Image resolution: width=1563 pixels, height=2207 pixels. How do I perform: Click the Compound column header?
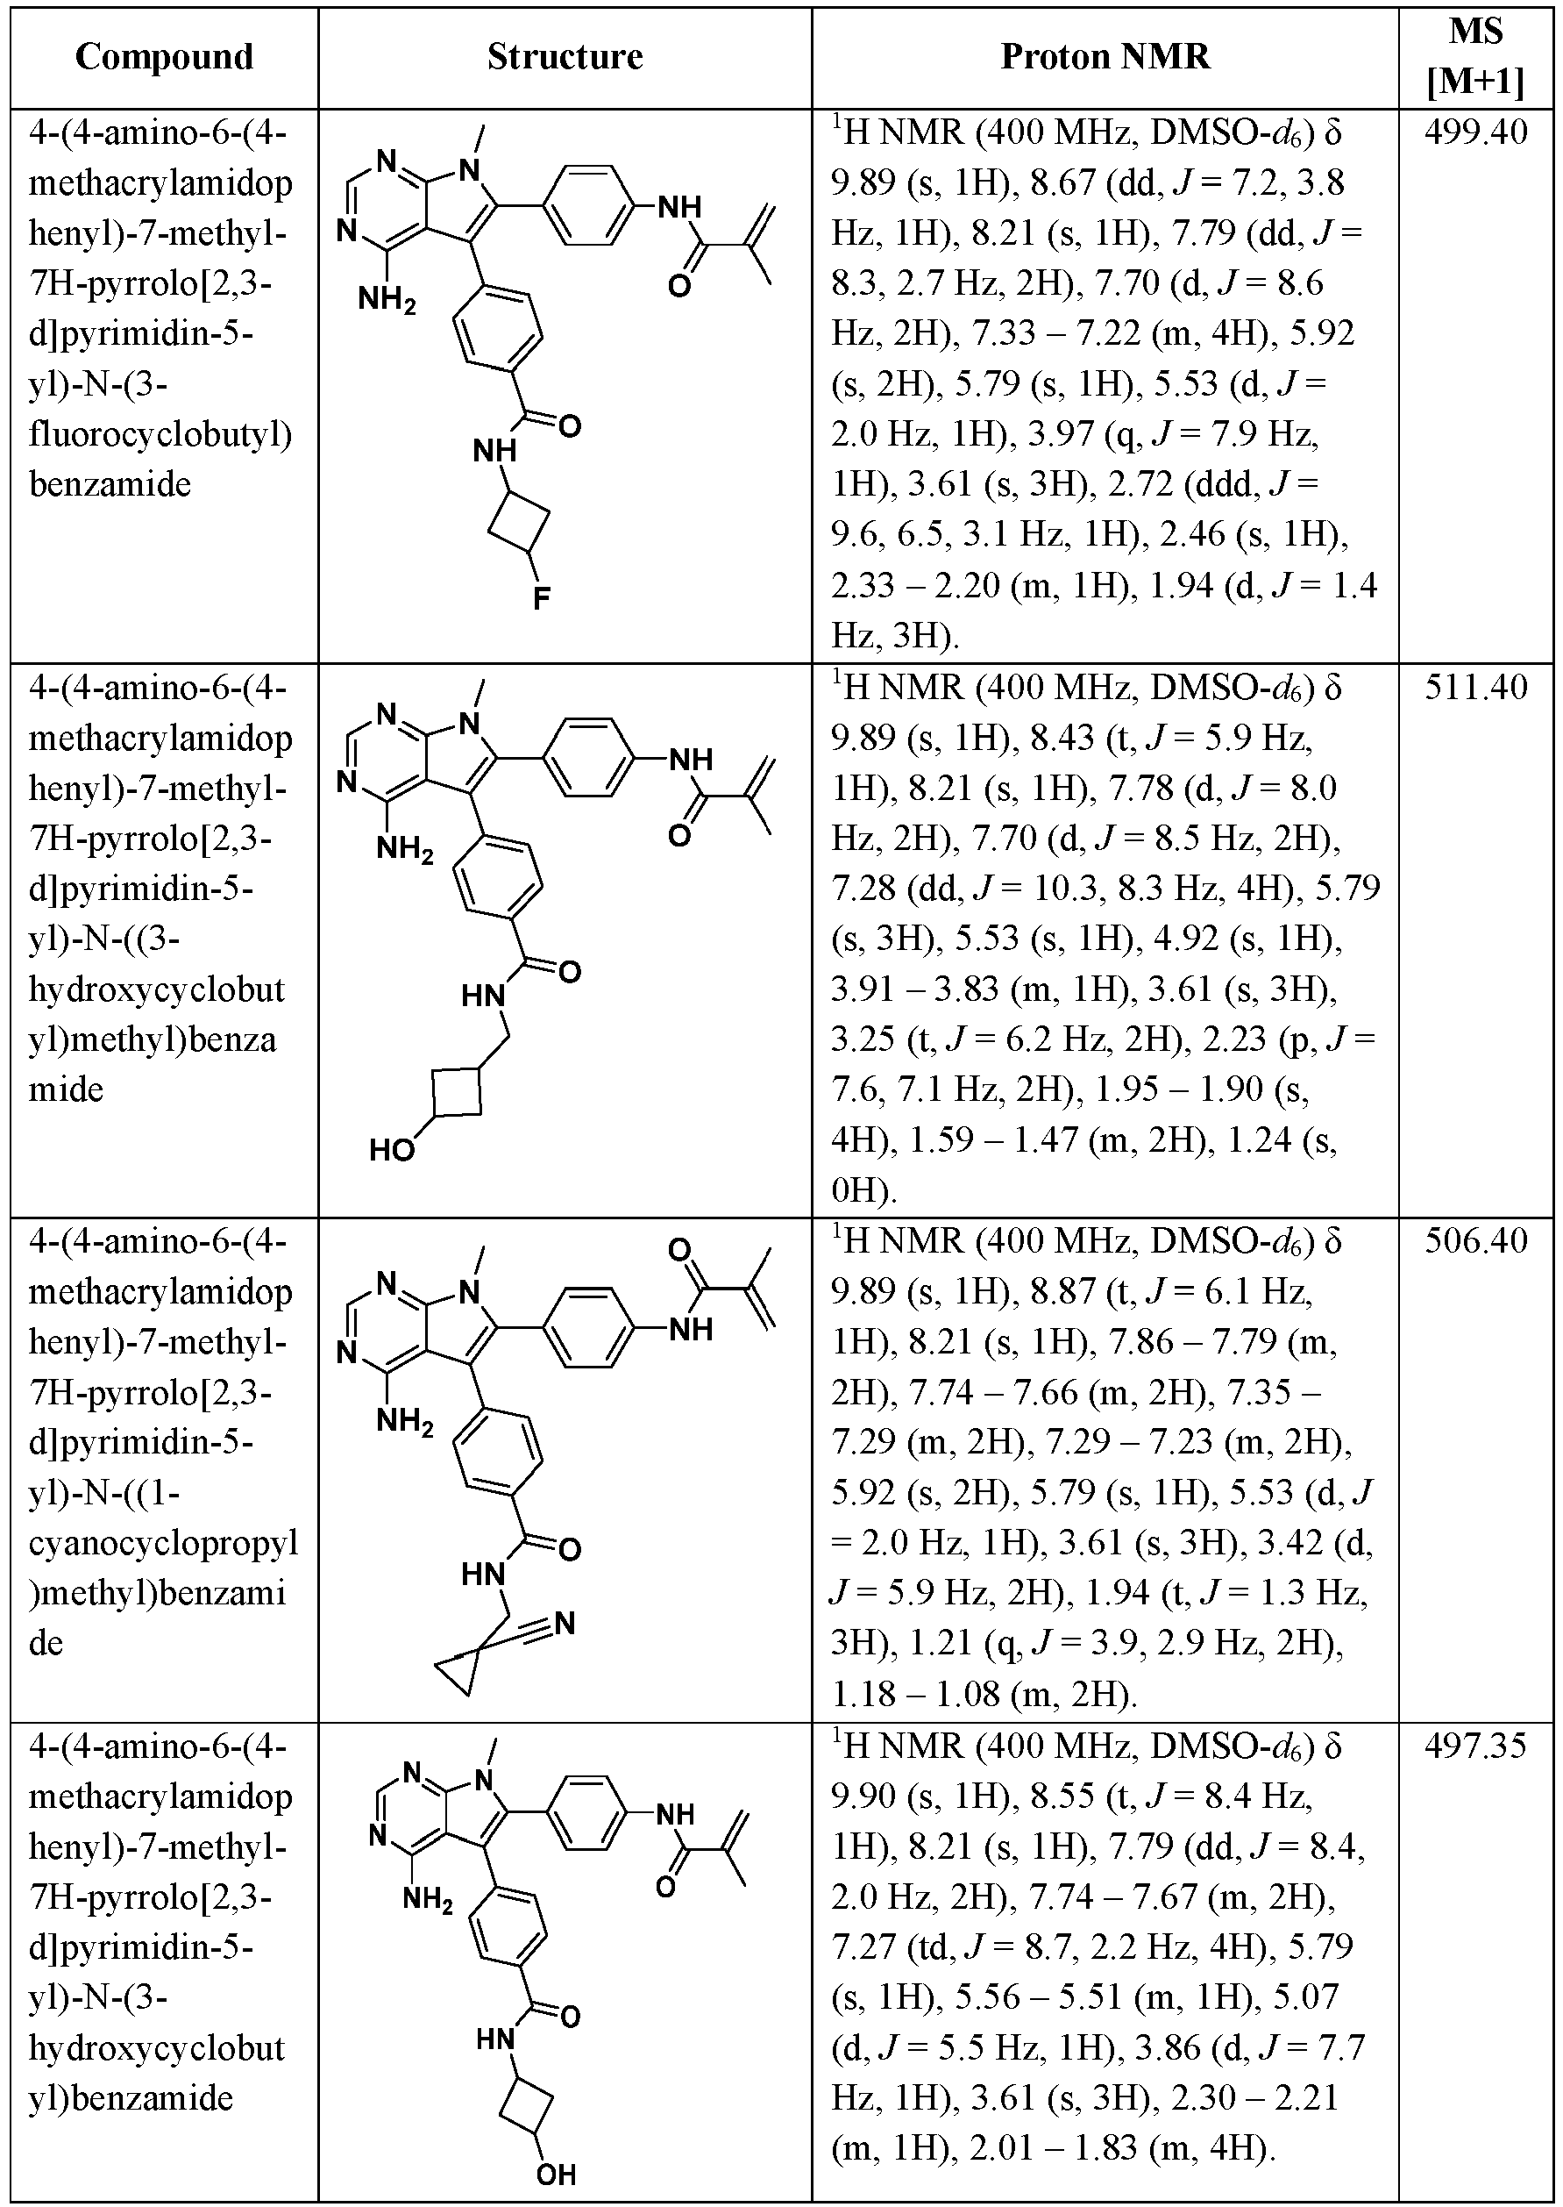164,57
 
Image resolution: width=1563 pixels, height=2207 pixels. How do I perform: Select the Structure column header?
565,57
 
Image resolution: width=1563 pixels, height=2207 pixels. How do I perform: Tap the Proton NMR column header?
1105,57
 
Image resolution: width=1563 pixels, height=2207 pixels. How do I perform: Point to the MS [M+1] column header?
1475,57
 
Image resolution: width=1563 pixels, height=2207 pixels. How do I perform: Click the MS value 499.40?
1475,132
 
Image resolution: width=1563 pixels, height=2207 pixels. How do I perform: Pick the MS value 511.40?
1475,687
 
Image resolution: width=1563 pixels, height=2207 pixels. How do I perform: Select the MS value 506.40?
1475,1239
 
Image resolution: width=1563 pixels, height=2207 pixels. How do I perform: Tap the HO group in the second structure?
392,1150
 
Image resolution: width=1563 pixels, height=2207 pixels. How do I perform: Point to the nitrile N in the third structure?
565,1624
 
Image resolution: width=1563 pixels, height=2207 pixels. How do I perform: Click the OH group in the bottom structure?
557,2175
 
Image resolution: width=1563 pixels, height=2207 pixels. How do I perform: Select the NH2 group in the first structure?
387,300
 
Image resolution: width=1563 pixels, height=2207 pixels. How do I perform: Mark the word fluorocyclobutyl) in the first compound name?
160,434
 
